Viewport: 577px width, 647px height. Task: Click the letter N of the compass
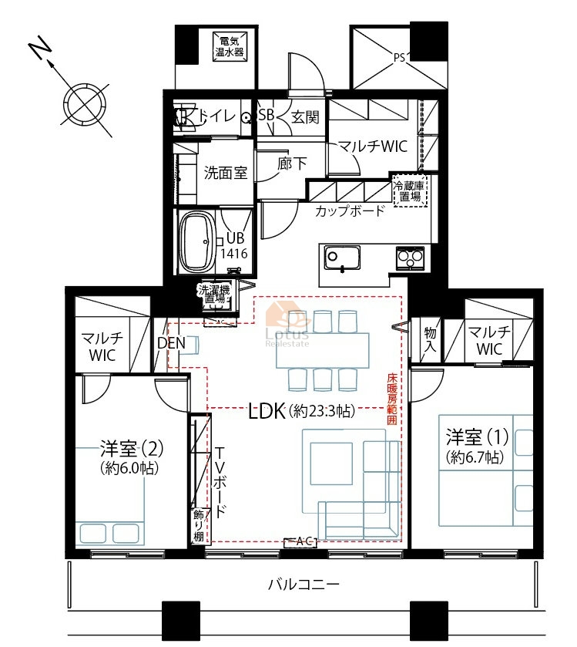[41, 49]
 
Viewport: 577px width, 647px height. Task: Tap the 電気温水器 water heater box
[230, 46]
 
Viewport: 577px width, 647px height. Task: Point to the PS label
[399, 57]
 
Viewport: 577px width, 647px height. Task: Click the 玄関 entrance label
[305, 117]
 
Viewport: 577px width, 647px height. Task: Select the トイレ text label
[216, 116]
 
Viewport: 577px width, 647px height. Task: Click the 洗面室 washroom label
[226, 173]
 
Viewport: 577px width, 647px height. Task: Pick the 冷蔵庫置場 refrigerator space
[410, 190]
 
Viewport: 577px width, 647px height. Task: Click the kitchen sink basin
[342, 257]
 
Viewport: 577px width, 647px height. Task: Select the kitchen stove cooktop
[410, 258]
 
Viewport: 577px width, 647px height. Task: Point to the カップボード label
[350, 211]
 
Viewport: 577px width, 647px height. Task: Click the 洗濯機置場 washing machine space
[214, 295]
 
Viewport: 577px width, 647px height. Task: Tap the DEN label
[172, 343]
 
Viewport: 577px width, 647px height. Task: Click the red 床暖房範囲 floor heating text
[392, 399]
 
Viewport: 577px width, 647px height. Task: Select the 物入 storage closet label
[430, 339]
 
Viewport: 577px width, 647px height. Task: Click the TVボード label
[220, 481]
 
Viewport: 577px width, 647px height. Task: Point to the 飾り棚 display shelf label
[198, 525]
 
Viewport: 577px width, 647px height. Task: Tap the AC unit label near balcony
[301, 542]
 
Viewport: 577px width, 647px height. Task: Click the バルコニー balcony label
[304, 584]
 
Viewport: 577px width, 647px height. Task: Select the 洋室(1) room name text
[477, 437]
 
